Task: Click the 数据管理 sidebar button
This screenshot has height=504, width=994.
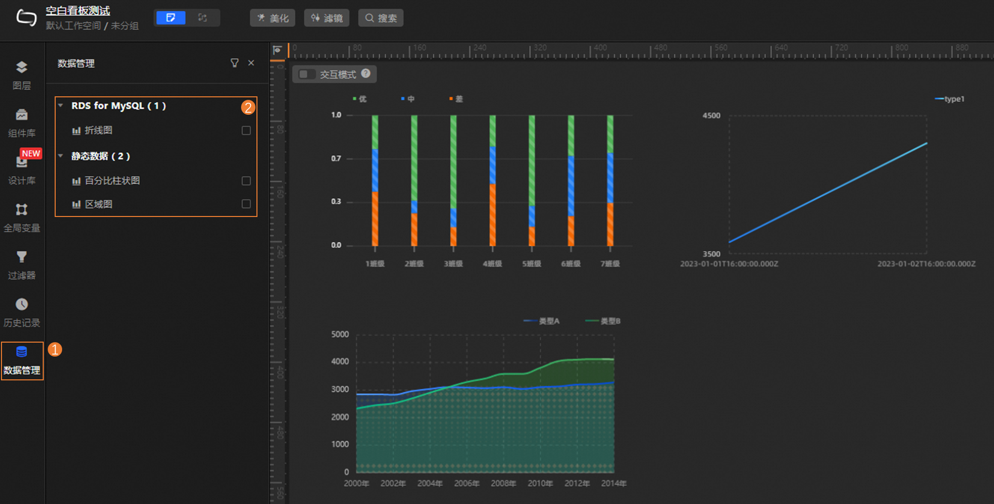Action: click(22, 360)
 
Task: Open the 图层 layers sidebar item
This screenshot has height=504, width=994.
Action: click(21, 75)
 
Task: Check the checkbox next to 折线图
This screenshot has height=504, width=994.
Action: click(246, 131)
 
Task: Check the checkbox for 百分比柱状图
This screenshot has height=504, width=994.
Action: click(246, 181)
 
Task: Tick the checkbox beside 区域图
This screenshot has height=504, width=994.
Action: click(246, 204)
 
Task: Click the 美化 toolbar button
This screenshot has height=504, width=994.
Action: click(272, 18)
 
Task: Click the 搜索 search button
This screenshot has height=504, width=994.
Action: click(381, 18)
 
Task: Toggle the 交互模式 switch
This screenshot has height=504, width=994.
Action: click(307, 74)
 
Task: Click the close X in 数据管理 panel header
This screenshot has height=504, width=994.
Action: click(251, 63)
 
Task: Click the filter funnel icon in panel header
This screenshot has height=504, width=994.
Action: click(235, 63)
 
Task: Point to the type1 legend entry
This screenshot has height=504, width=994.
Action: click(950, 99)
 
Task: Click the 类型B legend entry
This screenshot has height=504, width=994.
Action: click(604, 321)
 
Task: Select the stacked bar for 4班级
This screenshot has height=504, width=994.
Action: click(493, 181)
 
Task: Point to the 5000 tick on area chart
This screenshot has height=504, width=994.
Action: click(340, 335)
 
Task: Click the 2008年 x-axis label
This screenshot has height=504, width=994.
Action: click(503, 484)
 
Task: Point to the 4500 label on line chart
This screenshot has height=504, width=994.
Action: click(711, 116)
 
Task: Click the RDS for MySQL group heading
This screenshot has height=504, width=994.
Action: click(118, 106)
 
